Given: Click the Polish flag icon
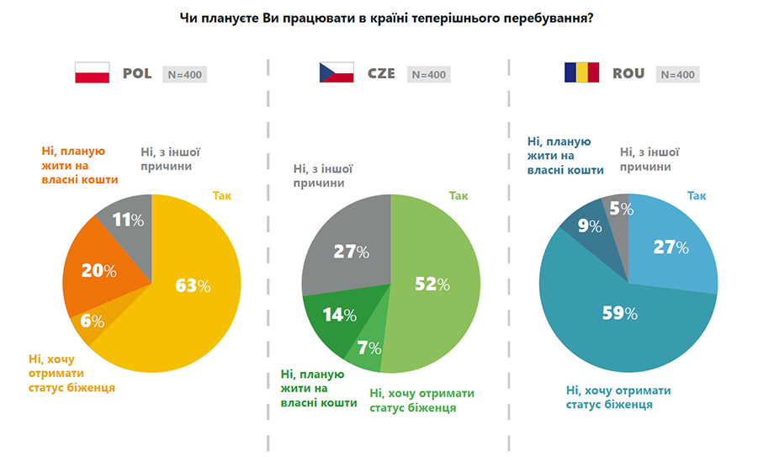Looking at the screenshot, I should pyautogui.click(x=93, y=73).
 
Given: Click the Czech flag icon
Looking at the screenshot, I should pyautogui.click(x=337, y=73).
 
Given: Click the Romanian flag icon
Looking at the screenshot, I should pyautogui.click(x=580, y=73).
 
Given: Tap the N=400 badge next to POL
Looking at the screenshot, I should pyautogui.click(x=183, y=74).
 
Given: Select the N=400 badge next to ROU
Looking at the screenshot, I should pyautogui.click(x=677, y=74).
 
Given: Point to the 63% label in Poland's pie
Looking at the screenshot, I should pyautogui.click(x=192, y=286).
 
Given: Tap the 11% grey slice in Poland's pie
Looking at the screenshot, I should pyautogui.click(x=129, y=221).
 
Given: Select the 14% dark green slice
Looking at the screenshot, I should pyautogui.click(x=339, y=315).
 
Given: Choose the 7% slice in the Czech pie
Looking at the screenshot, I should pyautogui.click(x=368, y=348).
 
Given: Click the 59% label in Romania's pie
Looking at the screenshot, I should pyautogui.click(x=618, y=313).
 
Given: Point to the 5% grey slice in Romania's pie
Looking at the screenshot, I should pyautogui.click(x=618, y=208).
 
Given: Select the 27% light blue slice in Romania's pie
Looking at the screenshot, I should pyautogui.click(x=671, y=247).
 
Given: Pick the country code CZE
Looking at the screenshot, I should pyautogui.click(x=381, y=73).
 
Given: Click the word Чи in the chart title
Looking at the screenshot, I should pyautogui.click(x=188, y=16).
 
